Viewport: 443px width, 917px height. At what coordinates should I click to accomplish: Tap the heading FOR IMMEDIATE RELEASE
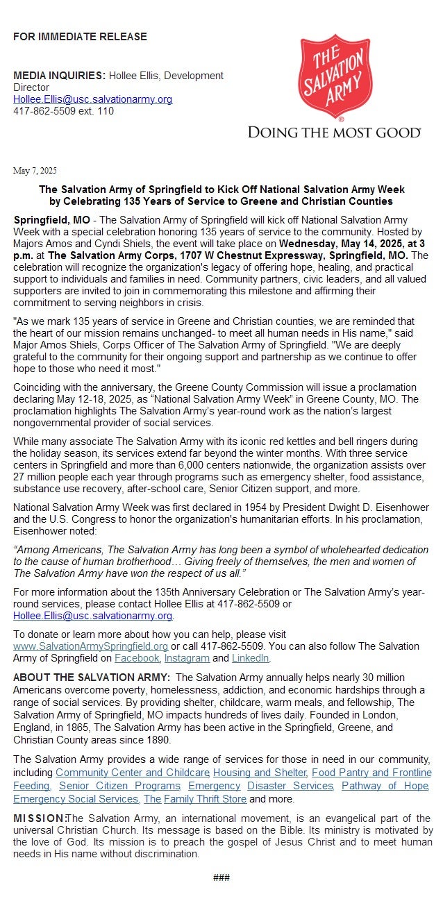click(x=80, y=37)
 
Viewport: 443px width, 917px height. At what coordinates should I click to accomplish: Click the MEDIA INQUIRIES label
click(x=59, y=75)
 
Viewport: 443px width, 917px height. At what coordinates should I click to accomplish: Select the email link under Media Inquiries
click(x=92, y=99)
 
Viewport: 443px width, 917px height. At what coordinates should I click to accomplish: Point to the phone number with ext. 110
click(x=63, y=111)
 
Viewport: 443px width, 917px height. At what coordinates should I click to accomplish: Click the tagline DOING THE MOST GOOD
click(x=334, y=132)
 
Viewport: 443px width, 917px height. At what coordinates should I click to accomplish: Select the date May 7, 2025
click(x=35, y=171)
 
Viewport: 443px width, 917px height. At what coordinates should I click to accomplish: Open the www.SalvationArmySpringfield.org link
click(x=90, y=646)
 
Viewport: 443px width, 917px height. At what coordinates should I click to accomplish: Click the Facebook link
click(x=137, y=658)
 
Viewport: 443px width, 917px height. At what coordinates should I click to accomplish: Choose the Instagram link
click(x=187, y=658)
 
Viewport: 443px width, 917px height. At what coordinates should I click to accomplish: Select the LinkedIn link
click(x=250, y=658)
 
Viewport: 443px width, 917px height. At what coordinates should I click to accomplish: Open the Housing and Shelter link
click(x=260, y=773)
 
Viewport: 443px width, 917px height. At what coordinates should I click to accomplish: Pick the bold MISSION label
click(x=39, y=819)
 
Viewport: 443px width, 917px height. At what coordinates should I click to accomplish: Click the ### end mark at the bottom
click(x=221, y=877)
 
